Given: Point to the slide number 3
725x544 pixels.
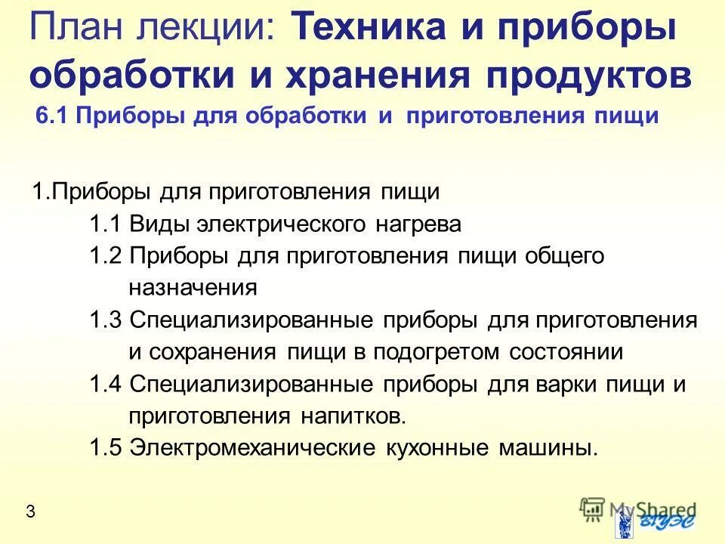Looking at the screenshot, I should [30, 512].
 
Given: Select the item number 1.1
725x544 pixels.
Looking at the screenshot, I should [105, 224].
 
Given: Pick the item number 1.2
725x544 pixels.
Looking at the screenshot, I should [105, 256].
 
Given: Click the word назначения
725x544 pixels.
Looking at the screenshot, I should [193, 288].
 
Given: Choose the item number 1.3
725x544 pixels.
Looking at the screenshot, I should [105, 320].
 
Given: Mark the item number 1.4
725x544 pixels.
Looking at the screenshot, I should [105, 384].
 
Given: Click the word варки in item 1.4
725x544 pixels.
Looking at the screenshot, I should [570, 384].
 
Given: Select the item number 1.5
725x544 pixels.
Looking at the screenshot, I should [105, 447].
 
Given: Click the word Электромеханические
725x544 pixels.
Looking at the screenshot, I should [252, 447].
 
